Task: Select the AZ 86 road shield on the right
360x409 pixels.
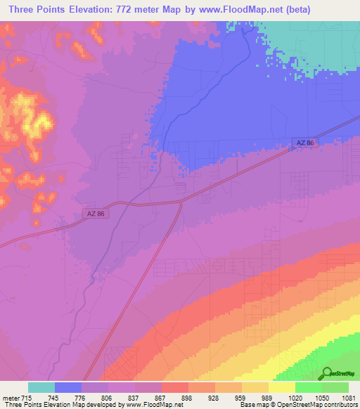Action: click(x=304, y=143)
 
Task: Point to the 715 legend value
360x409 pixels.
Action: click(x=27, y=398)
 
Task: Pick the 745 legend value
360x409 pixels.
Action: click(x=55, y=398)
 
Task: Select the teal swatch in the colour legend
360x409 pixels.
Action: click(x=41, y=387)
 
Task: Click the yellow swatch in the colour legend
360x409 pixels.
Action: click(x=282, y=387)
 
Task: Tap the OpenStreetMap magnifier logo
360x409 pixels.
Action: click(x=328, y=373)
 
